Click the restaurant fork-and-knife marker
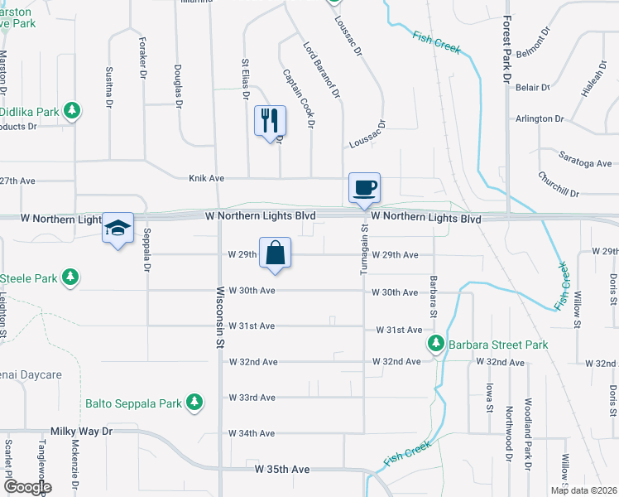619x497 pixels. [270, 121]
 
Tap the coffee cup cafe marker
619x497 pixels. [364, 187]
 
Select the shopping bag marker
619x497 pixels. [276, 253]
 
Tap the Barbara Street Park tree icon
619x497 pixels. [435, 343]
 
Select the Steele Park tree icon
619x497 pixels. [72, 276]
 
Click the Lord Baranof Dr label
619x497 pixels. [322, 70]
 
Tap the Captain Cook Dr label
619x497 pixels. [299, 98]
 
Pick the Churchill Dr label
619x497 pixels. [558, 185]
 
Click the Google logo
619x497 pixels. [26, 487]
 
